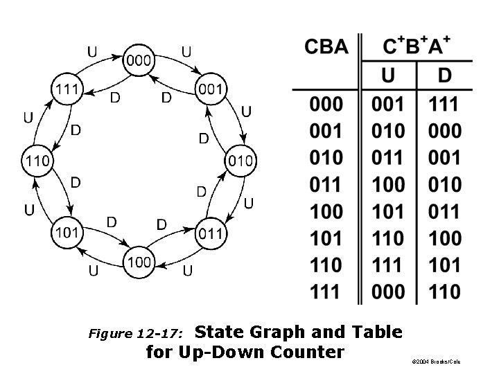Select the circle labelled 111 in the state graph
click(x=67, y=89)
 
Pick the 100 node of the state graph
click(x=139, y=262)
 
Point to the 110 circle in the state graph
click(x=37, y=161)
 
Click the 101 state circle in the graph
click(x=67, y=232)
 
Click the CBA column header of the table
click(x=326, y=48)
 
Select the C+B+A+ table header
click(x=417, y=47)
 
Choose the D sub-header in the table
click(x=444, y=74)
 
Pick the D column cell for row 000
click(x=444, y=105)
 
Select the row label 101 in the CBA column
click(x=326, y=238)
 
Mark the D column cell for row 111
click(x=444, y=292)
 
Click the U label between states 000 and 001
click(x=186, y=51)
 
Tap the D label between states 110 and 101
click(x=74, y=182)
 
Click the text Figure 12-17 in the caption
click(x=136, y=334)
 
